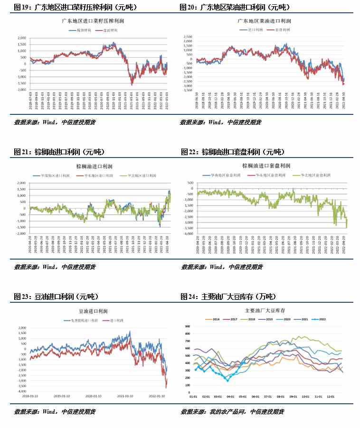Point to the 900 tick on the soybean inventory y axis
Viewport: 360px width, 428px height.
pyautogui.click(x=187, y=326)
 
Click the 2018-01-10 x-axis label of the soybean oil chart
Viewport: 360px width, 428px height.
pyautogui.click(x=31, y=395)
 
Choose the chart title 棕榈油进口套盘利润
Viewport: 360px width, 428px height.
pyautogui.click(x=264, y=166)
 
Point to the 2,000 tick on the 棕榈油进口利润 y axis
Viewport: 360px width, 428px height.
pyautogui.click(x=21, y=183)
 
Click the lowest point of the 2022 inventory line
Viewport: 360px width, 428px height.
pyautogui.click(x=227, y=381)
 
